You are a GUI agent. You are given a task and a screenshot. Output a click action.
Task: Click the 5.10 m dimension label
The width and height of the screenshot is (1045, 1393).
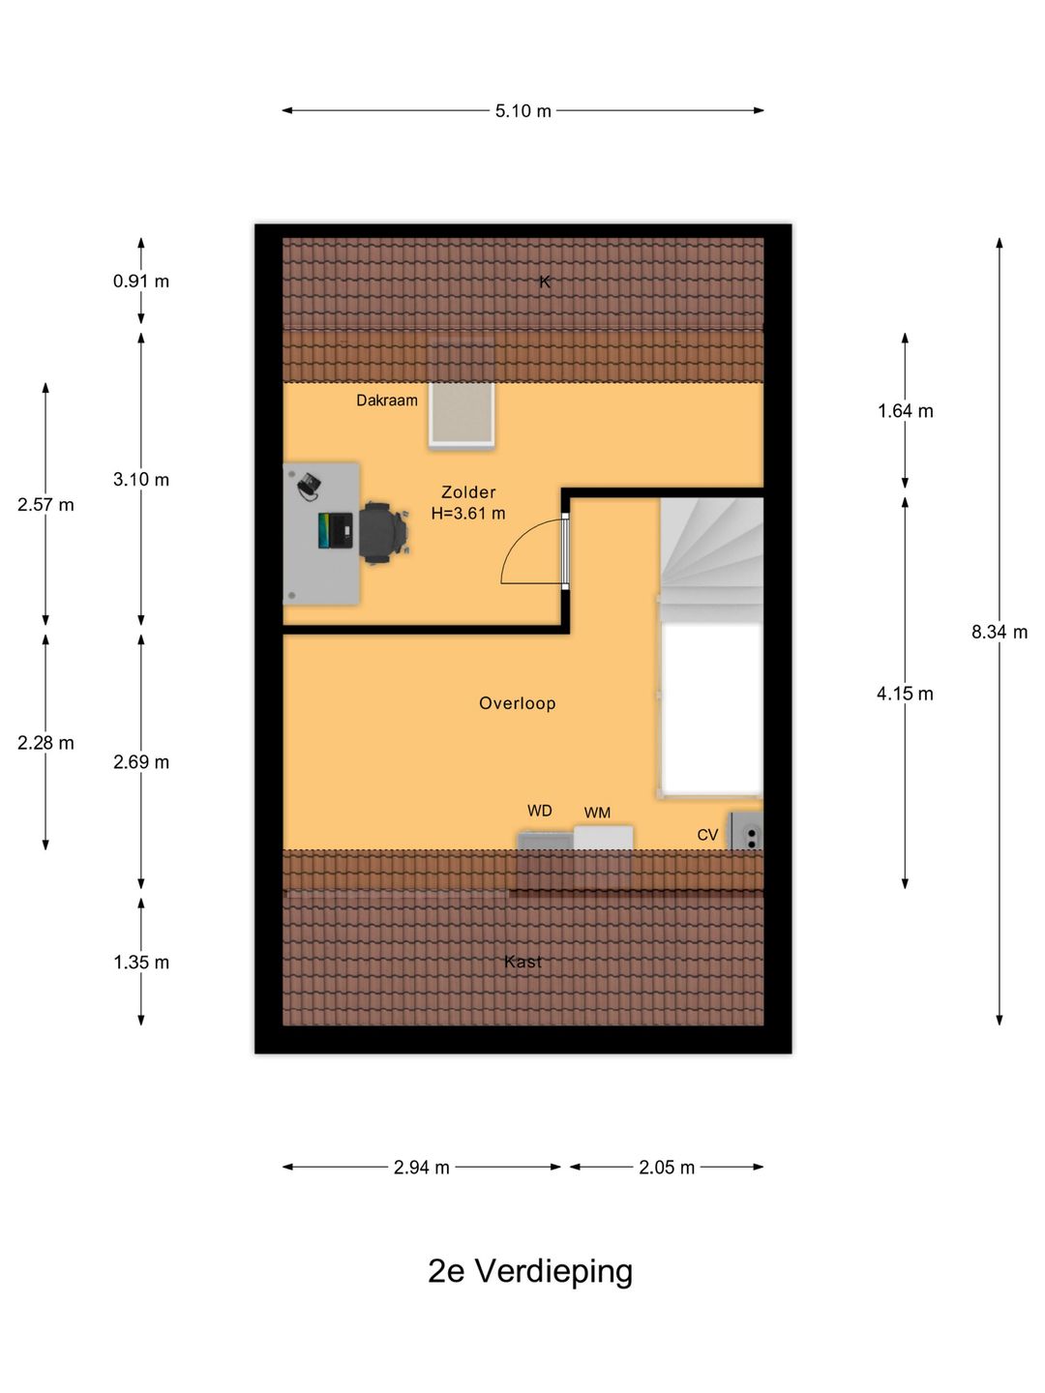(522, 111)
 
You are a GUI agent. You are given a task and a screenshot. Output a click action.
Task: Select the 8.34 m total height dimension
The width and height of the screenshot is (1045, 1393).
(999, 632)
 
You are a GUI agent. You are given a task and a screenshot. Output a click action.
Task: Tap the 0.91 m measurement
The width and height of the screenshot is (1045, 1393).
(141, 282)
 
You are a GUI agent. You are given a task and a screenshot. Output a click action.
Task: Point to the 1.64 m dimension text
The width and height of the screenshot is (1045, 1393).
(905, 411)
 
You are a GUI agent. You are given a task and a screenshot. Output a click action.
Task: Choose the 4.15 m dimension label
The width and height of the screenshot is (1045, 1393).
(905, 694)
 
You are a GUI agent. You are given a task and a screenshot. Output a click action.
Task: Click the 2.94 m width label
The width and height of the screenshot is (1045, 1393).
(421, 1167)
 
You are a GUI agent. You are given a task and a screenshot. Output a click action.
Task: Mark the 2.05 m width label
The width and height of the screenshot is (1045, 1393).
(667, 1167)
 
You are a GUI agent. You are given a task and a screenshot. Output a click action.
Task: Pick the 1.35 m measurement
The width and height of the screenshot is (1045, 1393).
(141, 963)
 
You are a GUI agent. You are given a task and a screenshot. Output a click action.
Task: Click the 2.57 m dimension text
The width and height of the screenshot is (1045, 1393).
(45, 505)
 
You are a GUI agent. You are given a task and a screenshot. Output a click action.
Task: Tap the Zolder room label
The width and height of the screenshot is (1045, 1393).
(468, 491)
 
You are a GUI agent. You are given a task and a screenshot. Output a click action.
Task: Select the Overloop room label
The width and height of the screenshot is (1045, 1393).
(517, 703)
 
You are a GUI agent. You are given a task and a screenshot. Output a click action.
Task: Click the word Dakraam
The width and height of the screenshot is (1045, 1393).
(387, 400)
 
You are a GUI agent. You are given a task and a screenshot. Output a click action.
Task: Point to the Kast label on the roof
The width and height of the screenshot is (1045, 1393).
(522, 962)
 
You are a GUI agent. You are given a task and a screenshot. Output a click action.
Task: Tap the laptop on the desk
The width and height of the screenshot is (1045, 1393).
(335, 530)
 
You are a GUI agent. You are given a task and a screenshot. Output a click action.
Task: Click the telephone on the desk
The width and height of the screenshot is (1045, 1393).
(309, 487)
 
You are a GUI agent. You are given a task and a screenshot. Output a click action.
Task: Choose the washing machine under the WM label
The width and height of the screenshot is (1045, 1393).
(603, 837)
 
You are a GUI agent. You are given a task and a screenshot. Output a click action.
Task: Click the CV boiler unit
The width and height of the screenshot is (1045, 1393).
(745, 830)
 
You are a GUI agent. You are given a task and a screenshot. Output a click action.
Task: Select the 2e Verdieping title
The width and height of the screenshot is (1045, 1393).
(530, 1271)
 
